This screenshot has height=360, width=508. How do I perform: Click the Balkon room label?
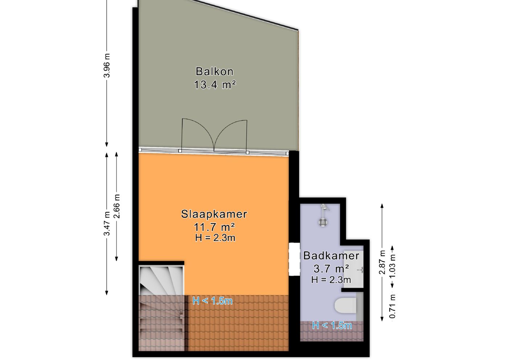[214, 71]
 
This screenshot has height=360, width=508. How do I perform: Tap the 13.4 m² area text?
[215, 85]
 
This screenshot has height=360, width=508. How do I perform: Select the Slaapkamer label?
[214, 214]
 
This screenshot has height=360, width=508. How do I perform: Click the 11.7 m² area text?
[214, 227]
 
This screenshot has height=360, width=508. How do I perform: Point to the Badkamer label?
[331, 256]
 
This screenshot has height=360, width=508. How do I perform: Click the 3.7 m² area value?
[331, 269]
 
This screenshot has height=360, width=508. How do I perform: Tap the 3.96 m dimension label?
[107, 66]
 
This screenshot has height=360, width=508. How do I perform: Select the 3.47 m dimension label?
[107, 223]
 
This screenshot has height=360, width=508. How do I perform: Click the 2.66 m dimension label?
[116, 206]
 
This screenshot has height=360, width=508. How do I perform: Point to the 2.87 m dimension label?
[382, 262]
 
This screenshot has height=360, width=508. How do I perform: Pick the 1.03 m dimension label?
[392, 266]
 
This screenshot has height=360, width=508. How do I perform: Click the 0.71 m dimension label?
[392, 306]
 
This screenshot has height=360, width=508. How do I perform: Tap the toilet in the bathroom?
[345, 305]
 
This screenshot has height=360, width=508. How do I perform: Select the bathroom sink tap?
[360, 270]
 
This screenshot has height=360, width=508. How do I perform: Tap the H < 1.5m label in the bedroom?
[212, 301]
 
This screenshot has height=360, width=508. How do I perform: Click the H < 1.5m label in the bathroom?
[332, 326]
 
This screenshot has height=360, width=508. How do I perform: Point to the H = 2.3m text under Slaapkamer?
[215, 238]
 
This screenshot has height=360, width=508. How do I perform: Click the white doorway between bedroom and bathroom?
[294, 259]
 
